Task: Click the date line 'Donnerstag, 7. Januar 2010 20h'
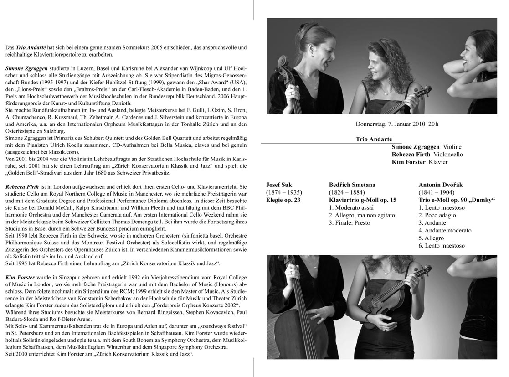coord(397,124)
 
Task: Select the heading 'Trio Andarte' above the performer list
coord(374,139)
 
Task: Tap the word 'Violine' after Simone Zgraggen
coord(452,147)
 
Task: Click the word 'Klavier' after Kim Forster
coord(438,162)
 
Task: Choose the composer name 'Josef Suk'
coord(280,185)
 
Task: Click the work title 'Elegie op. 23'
coord(283,200)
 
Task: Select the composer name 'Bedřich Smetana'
coord(352,185)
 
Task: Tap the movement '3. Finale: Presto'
coord(350,223)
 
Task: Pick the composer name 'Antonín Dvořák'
coord(441,185)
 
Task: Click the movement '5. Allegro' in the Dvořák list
coord(431,238)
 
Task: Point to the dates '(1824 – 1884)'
coord(349,192)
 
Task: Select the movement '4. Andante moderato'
coord(442,230)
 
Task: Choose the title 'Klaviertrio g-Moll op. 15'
coord(363,200)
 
